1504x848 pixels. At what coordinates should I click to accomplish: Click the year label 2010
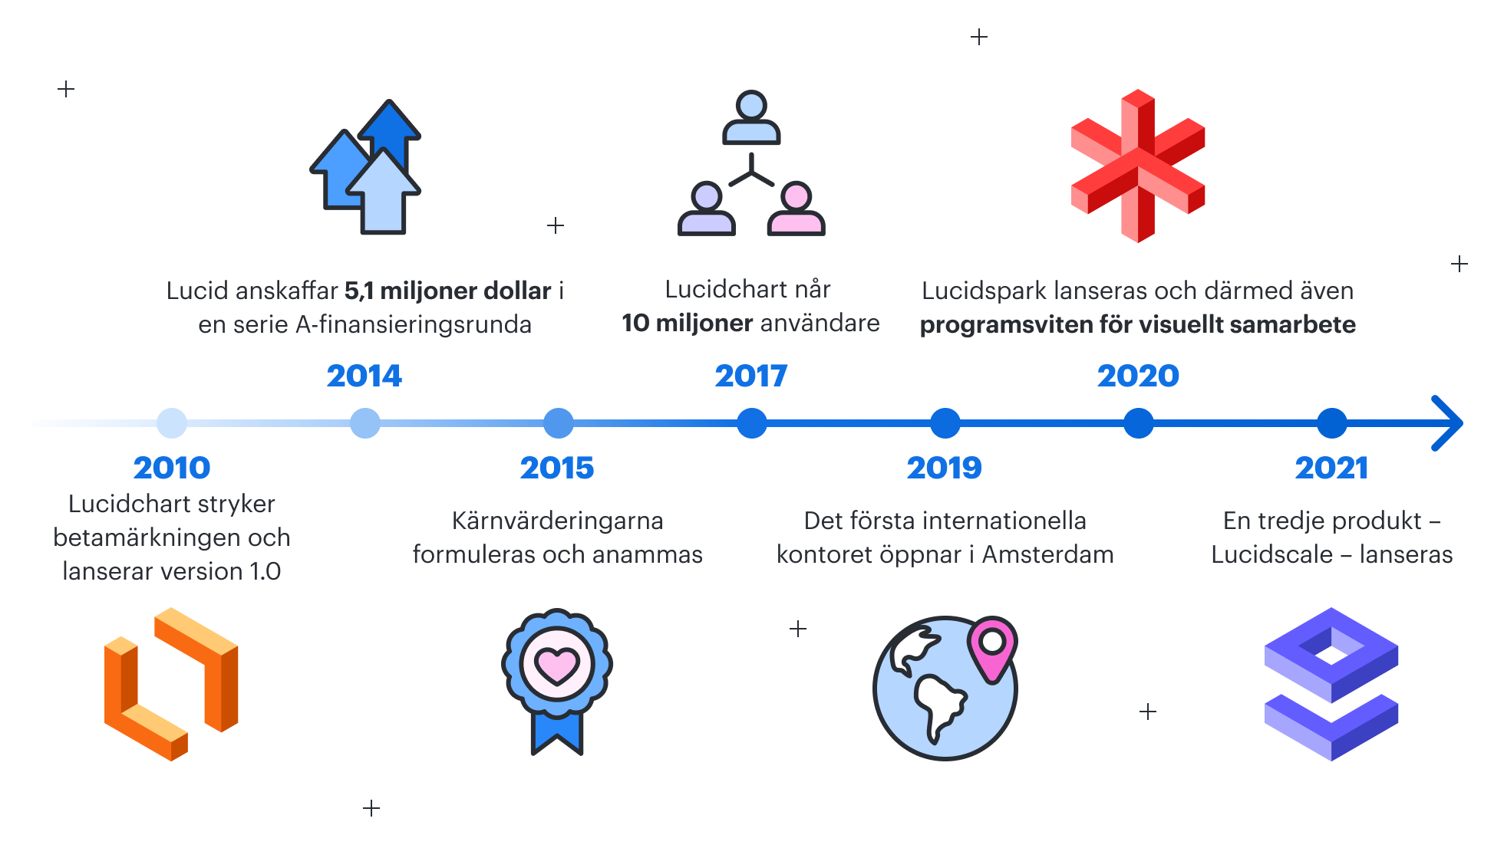pyautogui.click(x=172, y=468)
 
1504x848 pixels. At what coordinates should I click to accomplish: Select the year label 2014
pyautogui.click(x=364, y=376)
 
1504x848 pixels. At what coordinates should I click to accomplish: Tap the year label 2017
pyautogui.click(x=751, y=376)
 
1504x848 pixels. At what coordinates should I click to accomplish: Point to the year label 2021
pyautogui.click(x=1331, y=468)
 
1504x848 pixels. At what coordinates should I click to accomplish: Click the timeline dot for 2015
pyautogui.click(x=559, y=423)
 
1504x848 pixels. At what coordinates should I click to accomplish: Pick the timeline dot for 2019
pyautogui.click(x=945, y=423)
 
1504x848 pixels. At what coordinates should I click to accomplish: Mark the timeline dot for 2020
pyautogui.click(x=1139, y=423)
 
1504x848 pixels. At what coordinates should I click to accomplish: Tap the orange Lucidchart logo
pyautogui.click(x=171, y=684)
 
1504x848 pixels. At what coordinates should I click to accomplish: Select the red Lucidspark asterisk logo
pyautogui.click(x=1138, y=166)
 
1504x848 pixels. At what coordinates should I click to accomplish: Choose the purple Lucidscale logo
pyautogui.click(x=1331, y=684)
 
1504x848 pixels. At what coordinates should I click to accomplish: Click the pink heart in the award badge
pyautogui.click(x=557, y=665)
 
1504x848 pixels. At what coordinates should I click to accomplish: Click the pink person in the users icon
pyautogui.click(x=797, y=209)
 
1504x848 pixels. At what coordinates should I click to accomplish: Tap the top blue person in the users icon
pyautogui.click(x=751, y=117)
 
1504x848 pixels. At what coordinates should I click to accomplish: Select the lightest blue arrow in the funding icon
pyautogui.click(x=383, y=192)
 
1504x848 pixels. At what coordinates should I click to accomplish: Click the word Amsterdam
pyautogui.click(x=1047, y=554)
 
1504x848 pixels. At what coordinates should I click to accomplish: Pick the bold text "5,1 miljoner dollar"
pyautogui.click(x=448, y=291)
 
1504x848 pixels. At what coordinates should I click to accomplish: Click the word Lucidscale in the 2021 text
pyautogui.click(x=1272, y=554)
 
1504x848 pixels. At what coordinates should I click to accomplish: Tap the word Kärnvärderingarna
pyautogui.click(x=558, y=521)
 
